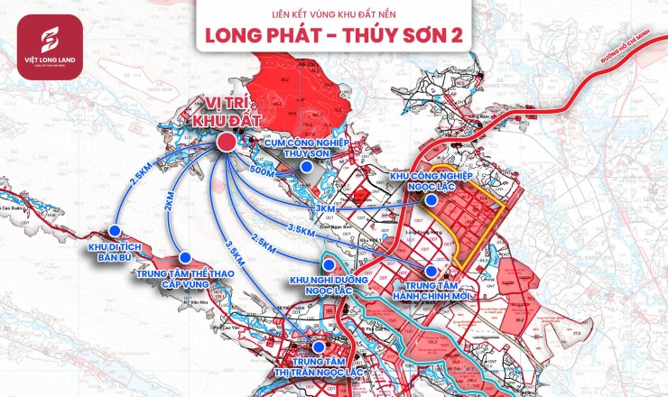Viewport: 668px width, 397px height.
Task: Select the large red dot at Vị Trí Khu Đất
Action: [227, 143]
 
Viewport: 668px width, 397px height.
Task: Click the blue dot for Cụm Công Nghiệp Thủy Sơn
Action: [306, 167]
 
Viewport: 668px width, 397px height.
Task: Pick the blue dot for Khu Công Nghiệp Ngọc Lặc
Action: [431, 199]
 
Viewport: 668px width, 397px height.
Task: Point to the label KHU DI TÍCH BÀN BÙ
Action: [115, 251]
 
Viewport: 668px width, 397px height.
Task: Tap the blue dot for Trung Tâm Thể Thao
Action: [185, 257]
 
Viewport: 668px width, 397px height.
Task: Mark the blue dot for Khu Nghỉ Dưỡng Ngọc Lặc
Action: [329, 264]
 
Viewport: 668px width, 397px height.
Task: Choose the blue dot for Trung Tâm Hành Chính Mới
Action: [431, 271]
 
